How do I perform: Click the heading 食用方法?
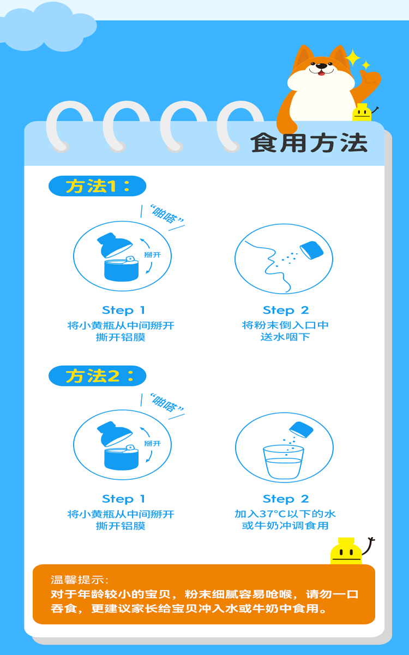pos(309,143)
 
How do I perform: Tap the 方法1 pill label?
pos(97,186)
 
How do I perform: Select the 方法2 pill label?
pos(97,376)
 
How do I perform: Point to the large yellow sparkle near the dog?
pos(353,58)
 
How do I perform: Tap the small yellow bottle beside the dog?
pos(362,112)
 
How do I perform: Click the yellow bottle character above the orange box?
pos(346,551)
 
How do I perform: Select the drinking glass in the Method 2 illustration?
pos(284,462)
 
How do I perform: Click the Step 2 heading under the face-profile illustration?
pos(285,310)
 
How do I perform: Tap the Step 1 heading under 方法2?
pos(124,499)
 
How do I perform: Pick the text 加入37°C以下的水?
pos(285,514)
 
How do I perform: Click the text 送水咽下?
pos(285,337)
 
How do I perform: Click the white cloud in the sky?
pos(48,27)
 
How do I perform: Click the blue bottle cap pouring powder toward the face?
pos(312,251)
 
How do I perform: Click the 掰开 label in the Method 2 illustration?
pos(153,444)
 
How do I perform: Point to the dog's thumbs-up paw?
pos(370,80)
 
